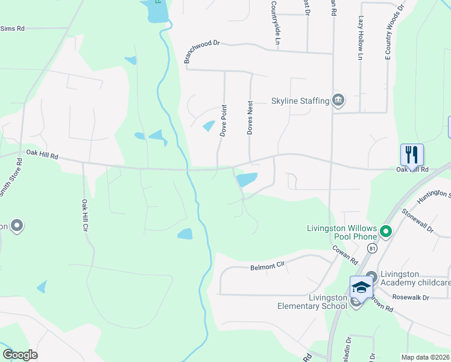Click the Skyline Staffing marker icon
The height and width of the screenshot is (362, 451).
click(x=338, y=100)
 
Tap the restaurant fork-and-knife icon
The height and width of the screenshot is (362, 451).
click(x=412, y=154)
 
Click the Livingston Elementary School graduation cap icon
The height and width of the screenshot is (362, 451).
click(x=361, y=287)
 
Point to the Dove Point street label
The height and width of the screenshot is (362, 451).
click(x=223, y=121)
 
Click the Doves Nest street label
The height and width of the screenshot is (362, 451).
click(x=250, y=117)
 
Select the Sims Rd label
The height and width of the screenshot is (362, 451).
click(x=12, y=28)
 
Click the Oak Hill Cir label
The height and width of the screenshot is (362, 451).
click(x=85, y=215)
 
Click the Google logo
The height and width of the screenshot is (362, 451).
click(x=20, y=355)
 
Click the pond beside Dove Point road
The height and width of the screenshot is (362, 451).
click(x=209, y=126)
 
